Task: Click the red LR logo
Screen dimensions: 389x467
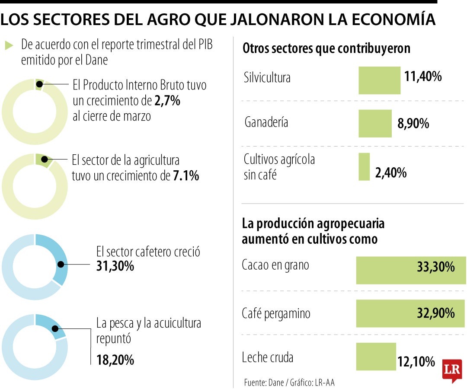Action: point(452,370)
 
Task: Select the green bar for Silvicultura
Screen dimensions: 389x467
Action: point(379,80)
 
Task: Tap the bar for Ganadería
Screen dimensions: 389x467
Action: point(375,123)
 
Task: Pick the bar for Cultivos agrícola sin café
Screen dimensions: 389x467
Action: point(364,166)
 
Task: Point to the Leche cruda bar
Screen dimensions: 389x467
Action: point(376,357)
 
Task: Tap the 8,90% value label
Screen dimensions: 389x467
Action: point(413,124)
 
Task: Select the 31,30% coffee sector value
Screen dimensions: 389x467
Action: point(115,266)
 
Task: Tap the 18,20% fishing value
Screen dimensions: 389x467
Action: point(115,360)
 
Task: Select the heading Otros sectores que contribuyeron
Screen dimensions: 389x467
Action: point(326,49)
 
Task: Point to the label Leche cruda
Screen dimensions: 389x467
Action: point(268,358)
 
